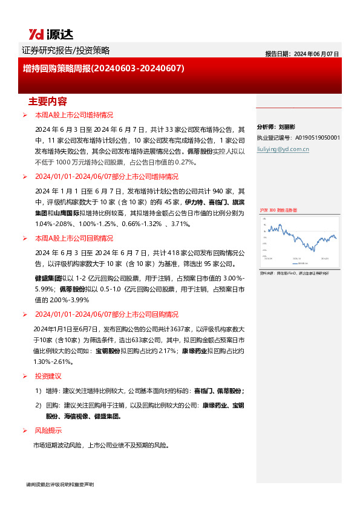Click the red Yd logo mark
pyautogui.click(x=34, y=34)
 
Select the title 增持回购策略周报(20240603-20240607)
pyautogui.click(x=103, y=69)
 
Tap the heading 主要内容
pyautogui.click(x=48, y=101)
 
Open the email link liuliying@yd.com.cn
pyautogui.click(x=283, y=148)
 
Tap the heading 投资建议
pyautogui.click(x=48, y=376)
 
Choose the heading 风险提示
pyautogui.click(x=48, y=430)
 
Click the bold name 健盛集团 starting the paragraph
pyautogui.click(x=47, y=278)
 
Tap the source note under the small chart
pyautogui.click(x=294, y=273)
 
